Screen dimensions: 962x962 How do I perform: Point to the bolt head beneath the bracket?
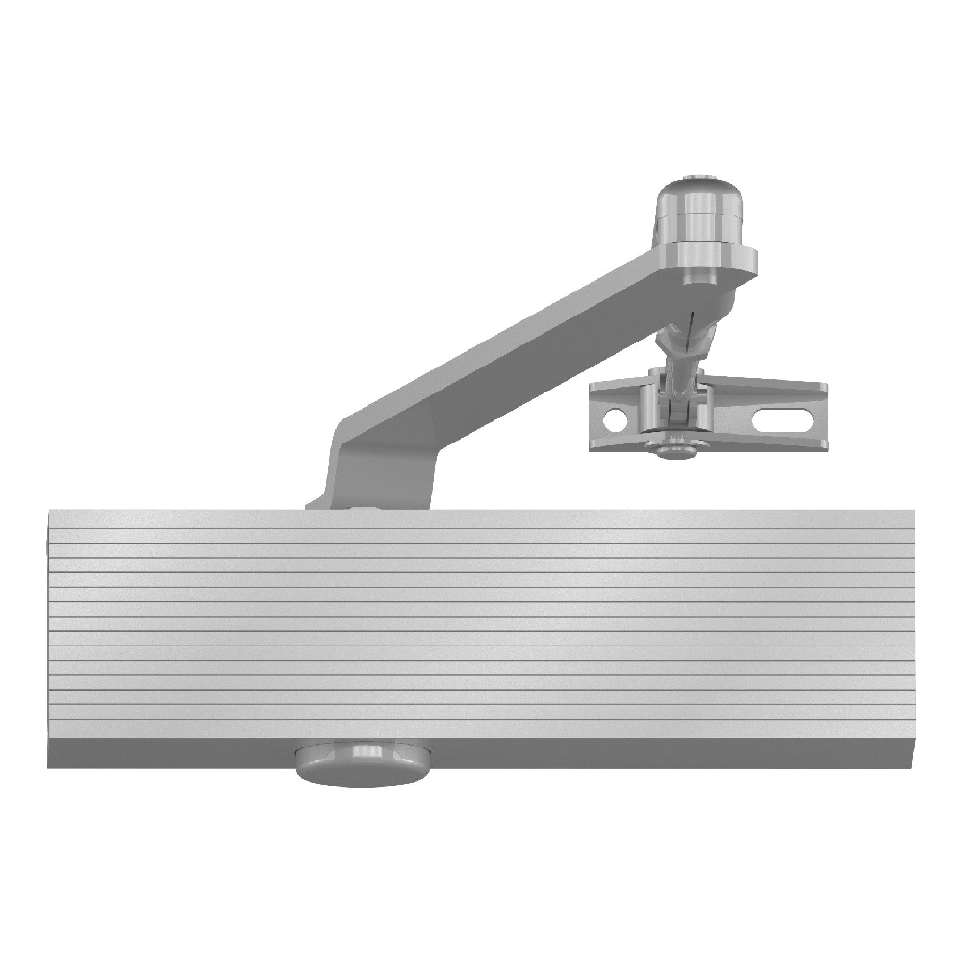click(x=673, y=448)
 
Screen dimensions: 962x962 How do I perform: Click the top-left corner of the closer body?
click(x=48, y=511)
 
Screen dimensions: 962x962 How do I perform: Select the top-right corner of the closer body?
click(x=912, y=511)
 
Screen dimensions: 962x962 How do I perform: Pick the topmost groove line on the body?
click(x=481, y=543)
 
